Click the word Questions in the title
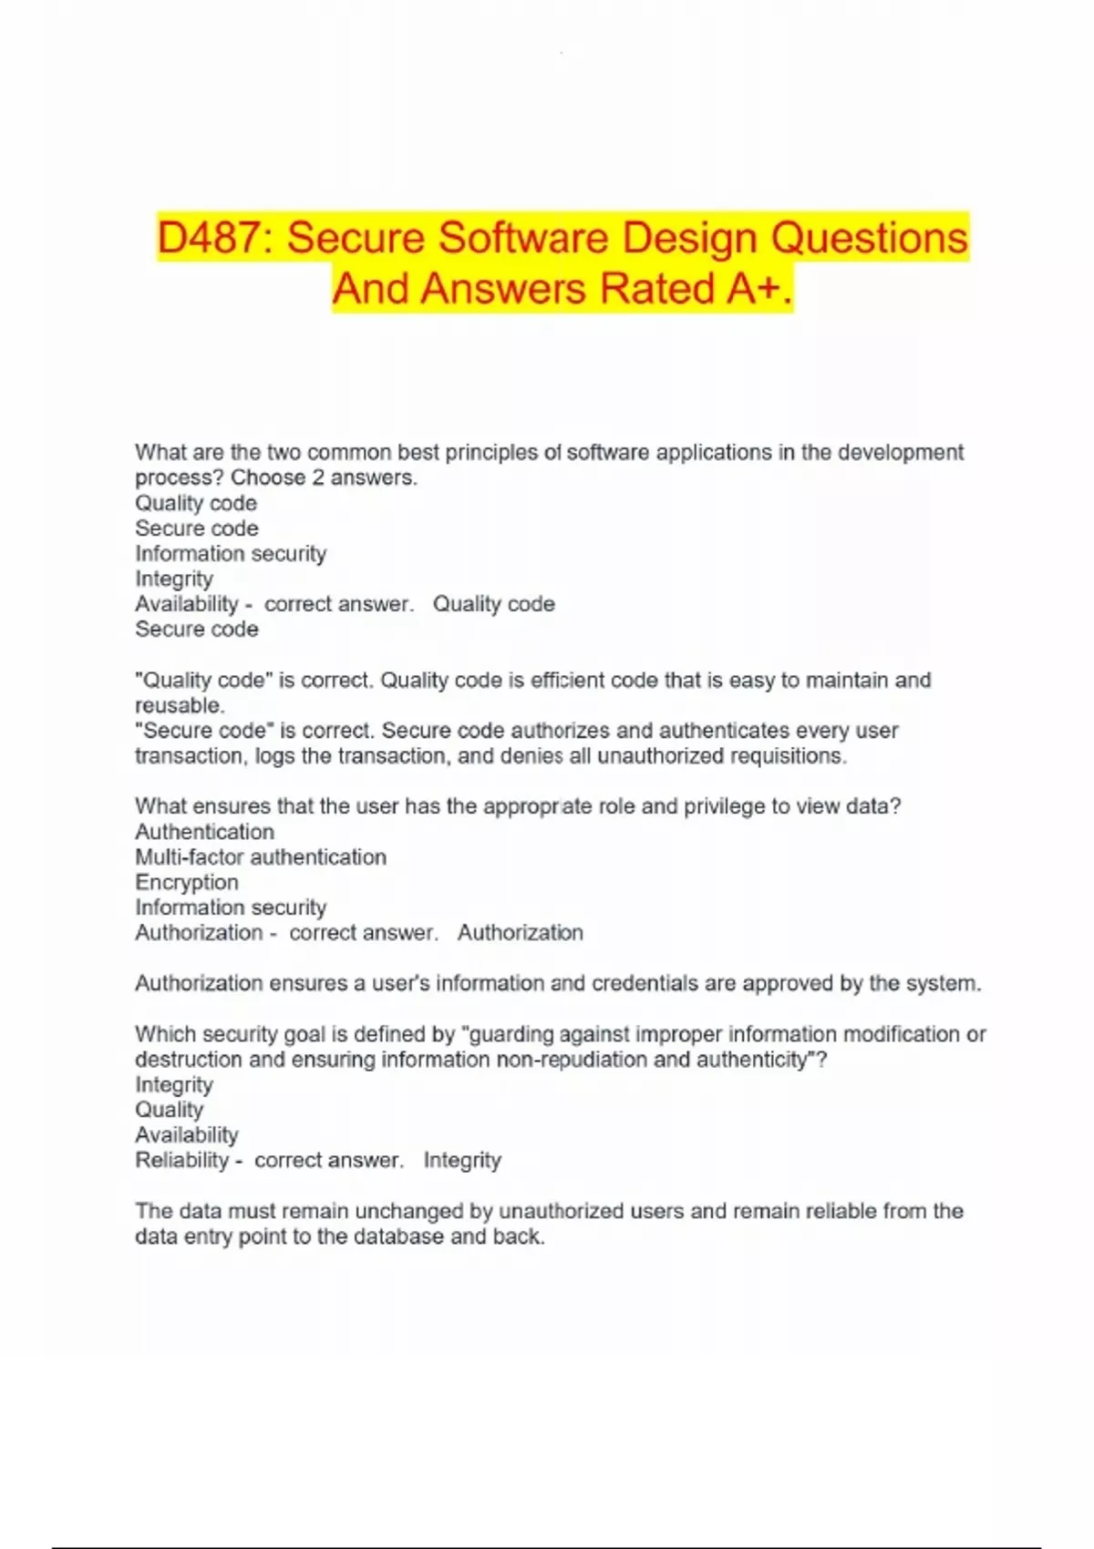pos(869,238)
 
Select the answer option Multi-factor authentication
pos(261,857)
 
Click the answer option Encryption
pos(187,882)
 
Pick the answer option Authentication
pos(204,832)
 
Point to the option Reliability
pos(181,1160)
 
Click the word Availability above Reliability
pos(186,1134)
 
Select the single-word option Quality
pos(169,1110)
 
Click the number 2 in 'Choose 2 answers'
pos(318,477)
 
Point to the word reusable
pos(179,705)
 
